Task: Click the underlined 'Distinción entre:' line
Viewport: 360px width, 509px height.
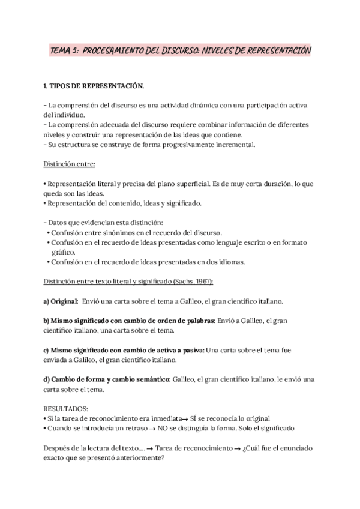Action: point(70,163)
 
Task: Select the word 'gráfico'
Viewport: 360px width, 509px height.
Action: point(62,252)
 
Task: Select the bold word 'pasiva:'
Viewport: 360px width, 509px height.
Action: point(190,350)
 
